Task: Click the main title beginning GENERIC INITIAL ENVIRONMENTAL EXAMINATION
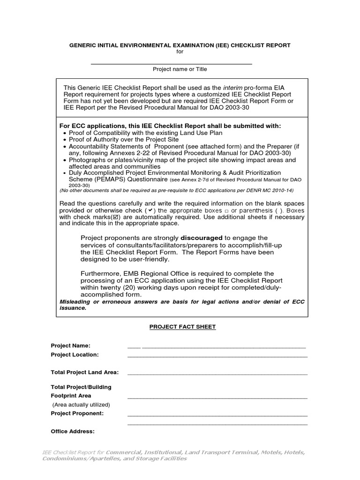tap(180, 45)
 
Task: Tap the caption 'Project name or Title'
tap(180, 69)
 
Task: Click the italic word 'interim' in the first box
tap(233, 88)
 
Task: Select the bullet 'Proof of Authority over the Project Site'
tap(124, 140)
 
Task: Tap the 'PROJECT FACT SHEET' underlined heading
tap(182, 327)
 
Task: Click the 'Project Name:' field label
tap(70, 345)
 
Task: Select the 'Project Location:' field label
tap(75, 355)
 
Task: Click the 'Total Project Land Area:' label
tap(84, 372)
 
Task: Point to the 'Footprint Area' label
tap(71, 396)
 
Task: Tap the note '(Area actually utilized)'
tap(81, 405)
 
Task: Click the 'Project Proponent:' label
tap(77, 413)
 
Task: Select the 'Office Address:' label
tap(73, 431)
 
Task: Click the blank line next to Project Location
tap(217, 356)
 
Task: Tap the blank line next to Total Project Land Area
tap(217, 374)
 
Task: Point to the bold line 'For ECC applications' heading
tap(171, 126)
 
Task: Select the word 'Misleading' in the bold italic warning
tap(75, 301)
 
